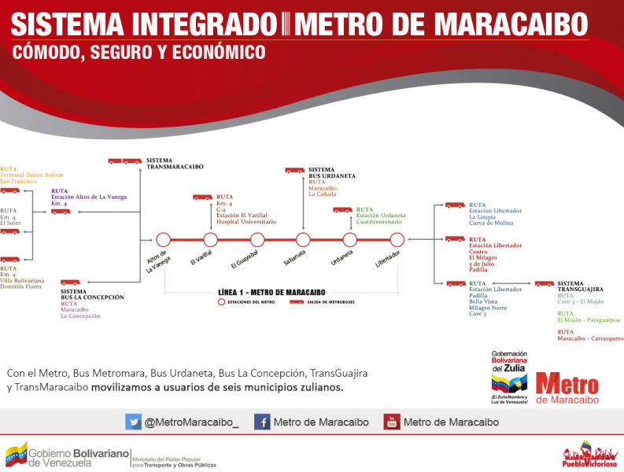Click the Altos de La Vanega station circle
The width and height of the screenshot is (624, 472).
click(164, 240)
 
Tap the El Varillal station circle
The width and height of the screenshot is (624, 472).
click(210, 240)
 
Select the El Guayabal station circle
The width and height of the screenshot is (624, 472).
click(257, 240)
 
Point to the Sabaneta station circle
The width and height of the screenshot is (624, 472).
click(304, 240)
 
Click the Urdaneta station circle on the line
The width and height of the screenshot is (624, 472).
click(350, 240)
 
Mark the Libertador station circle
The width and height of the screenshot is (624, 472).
click(397, 240)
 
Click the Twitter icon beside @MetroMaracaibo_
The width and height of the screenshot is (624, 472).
click(133, 422)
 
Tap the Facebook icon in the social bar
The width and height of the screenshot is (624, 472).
click(262, 422)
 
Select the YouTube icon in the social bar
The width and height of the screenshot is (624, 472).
click(391, 422)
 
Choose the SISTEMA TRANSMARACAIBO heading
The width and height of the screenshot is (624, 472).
click(174, 164)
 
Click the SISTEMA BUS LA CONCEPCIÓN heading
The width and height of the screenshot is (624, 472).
click(91, 294)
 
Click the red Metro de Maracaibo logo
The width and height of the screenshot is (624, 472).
click(567, 386)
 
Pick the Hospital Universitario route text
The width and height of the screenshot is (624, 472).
click(246, 223)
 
